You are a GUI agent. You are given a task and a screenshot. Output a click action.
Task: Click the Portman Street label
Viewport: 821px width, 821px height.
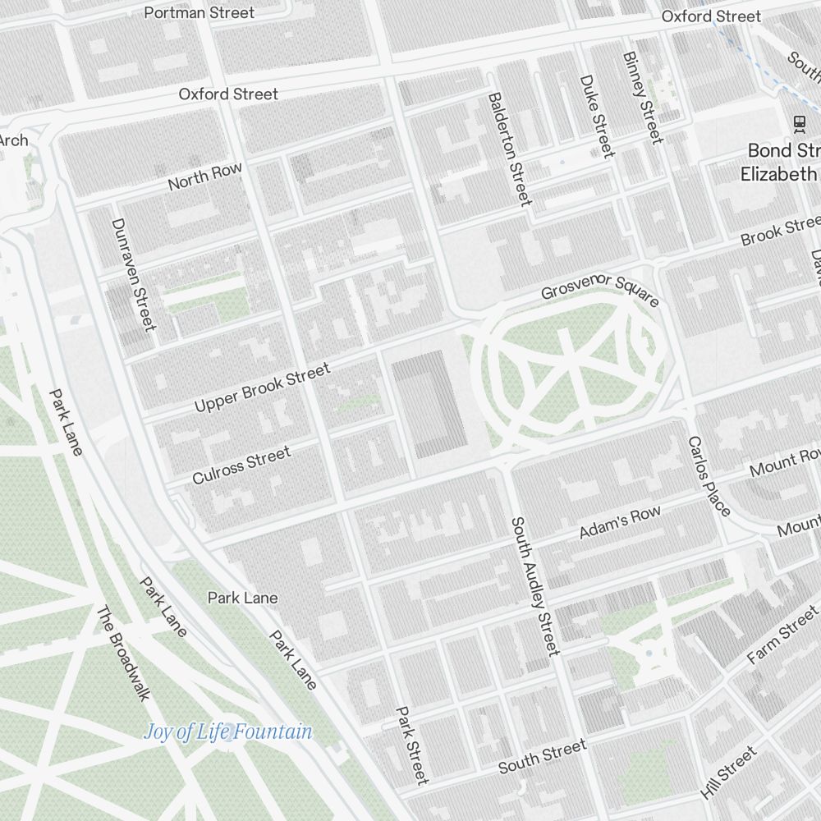pos(199,12)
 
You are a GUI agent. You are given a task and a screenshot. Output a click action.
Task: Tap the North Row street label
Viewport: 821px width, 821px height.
pos(205,177)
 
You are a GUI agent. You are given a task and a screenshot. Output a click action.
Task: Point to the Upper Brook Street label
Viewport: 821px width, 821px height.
pos(262,388)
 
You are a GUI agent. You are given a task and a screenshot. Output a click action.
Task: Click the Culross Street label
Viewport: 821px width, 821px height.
pos(241,466)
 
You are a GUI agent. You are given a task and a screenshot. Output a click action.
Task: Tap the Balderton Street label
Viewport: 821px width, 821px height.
pos(510,149)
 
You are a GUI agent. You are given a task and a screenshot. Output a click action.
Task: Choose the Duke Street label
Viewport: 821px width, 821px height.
pos(597,116)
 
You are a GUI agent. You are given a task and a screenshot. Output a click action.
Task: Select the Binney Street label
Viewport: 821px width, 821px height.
pos(642,97)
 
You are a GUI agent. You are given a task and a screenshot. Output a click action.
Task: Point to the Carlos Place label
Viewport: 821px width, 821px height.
pos(709,476)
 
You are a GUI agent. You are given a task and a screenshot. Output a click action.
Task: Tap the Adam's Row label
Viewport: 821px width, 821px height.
pos(620,523)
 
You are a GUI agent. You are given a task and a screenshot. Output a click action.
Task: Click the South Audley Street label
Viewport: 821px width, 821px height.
pos(534,586)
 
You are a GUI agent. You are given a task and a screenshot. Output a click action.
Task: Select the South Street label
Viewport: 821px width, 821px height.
pos(543,756)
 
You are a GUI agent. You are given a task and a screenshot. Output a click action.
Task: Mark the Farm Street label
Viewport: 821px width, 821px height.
pos(783,635)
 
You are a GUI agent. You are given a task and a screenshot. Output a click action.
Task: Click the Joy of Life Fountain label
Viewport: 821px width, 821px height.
pos(228,731)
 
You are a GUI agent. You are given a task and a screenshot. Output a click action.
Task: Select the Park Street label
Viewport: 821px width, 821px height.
pos(411,745)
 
